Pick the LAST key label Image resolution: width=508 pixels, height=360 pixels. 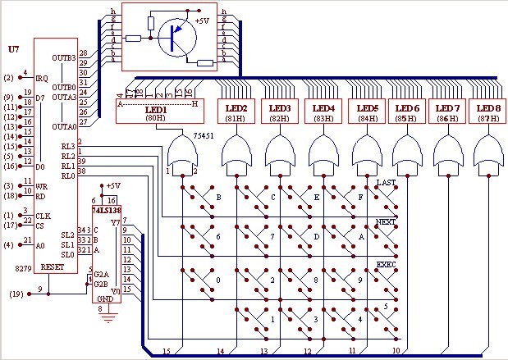[x=387, y=181]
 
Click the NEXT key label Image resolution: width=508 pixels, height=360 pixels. [x=387, y=222]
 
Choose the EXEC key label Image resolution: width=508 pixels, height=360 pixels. [x=387, y=265]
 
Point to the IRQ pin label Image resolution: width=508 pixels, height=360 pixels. [x=43, y=77]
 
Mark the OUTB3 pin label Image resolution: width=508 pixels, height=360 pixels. [x=64, y=58]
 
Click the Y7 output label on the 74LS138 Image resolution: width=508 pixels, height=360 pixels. [x=114, y=221]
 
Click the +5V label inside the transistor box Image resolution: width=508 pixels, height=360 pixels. [x=200, y=21]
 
